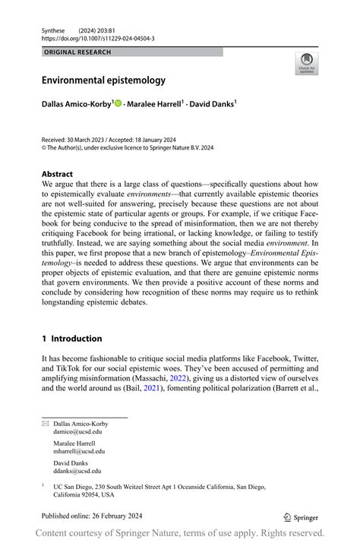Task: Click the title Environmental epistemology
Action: click(103, 80)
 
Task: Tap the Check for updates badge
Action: click(307, 63)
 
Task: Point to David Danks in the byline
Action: click(213, 103)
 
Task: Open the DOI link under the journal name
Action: click(98, 38)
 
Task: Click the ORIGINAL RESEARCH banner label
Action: click(77, 52)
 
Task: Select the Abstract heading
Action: click(58, 173)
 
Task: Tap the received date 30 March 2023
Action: click(93, 140)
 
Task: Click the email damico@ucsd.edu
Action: click(77, 430)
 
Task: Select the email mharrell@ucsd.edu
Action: click(79, 450)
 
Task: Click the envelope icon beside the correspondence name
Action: click(45, 422)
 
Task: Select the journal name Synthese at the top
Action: click(55, 29)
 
